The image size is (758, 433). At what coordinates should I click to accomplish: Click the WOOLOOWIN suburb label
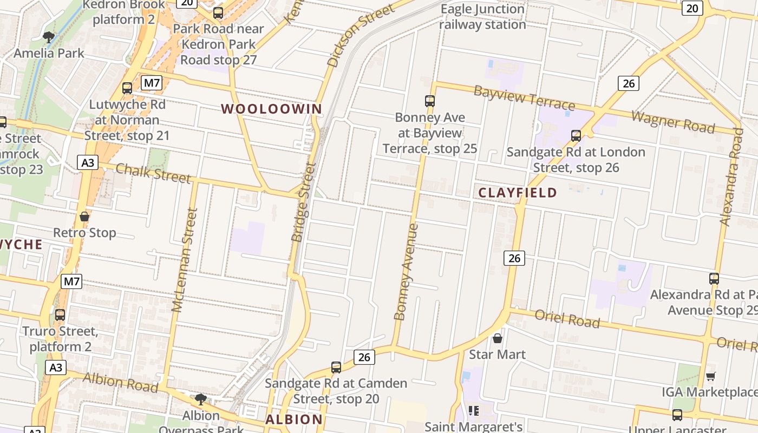click(x=271, y=109)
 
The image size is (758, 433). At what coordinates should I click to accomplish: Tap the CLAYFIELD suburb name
click(x=518, y=193)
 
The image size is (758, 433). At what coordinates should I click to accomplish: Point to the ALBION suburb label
click(x=294, y=419)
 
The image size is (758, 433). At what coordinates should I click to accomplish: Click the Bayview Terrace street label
click(x=524, y=98)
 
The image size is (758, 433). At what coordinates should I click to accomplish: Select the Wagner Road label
click(x=673, y=121)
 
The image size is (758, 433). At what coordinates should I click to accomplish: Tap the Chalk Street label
click(x=153, y=173)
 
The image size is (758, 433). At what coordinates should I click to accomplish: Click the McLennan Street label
click(x=184, y=260)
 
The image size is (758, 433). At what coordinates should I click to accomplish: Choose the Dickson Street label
click(x=361, y=36)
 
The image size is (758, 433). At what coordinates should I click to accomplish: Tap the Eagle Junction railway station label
click(x=482, y=17)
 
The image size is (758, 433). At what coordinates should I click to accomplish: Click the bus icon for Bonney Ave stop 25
click(x=430, y=101)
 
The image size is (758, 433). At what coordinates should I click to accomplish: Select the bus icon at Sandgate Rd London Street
click(x=576, y=135)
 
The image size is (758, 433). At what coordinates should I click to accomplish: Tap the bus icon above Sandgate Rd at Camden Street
click(x=336, y=368)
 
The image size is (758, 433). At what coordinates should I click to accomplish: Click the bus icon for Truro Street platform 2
click(x=60, y=314)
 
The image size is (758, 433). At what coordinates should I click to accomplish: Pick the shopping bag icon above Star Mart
click(x=498, y=338)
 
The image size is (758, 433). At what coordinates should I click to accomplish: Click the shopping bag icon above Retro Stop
click(x=84, y=216)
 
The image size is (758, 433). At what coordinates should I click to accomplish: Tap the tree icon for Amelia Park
click(x=49, y=37)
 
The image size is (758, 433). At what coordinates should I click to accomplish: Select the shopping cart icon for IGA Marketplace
click(x=711, y=376)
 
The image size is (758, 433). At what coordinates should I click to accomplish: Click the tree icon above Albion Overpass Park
click(x=201, y=399)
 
